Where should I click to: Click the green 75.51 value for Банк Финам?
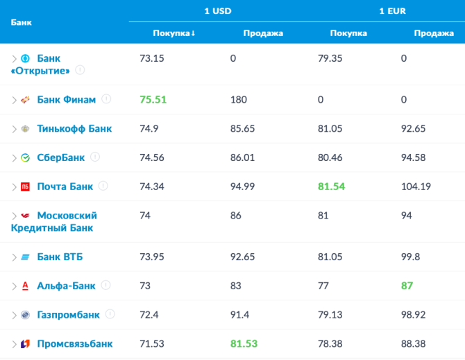(x=153, y=99)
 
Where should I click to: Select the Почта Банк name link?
(x=65, y=187)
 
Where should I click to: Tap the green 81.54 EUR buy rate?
(x=330, y=187)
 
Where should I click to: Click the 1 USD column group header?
(x=217, y=11)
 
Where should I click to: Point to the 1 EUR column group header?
(x=392, y=11)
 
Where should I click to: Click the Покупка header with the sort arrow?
(x=174, y=33)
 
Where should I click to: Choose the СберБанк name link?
(x=60, y=157)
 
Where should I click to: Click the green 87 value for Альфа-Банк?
(x=407, y=286)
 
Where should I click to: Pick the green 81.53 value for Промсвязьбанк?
(x=244, y=344)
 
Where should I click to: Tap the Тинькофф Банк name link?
(x=74, y=128)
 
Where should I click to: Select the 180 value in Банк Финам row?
(x=238, y=99)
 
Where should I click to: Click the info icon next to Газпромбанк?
(x=110, y=314)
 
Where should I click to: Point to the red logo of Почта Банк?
(x=25, y=187)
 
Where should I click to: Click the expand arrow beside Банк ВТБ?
(x=14, y=257)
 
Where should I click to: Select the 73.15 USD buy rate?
(x=151, y=58)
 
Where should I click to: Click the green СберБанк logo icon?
(x=25, y=157)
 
